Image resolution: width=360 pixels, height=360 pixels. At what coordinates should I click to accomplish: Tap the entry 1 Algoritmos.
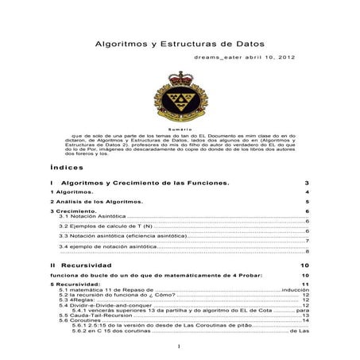(x=72, y=192)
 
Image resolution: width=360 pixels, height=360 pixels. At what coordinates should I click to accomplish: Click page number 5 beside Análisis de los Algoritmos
(x=306, y=202)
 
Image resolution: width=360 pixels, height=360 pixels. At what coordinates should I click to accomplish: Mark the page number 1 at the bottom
(x=180, y=347)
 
